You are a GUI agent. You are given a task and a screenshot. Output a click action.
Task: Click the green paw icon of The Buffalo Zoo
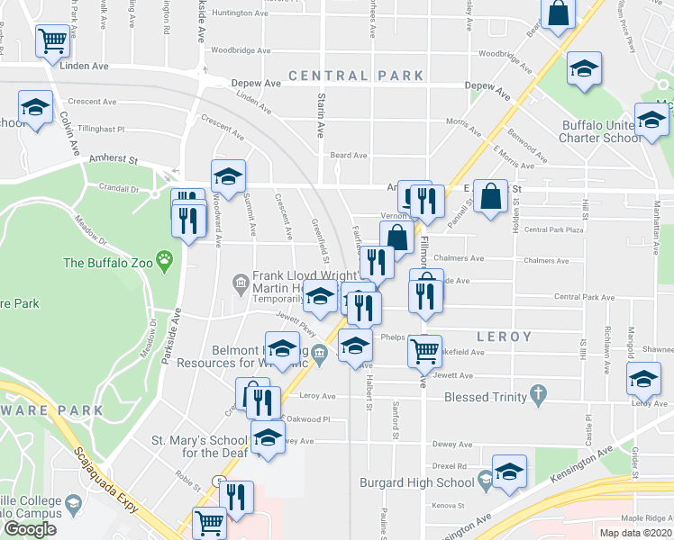click(x=164, y=263)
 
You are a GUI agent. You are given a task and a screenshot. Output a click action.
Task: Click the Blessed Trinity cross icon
click(x=539, y=395)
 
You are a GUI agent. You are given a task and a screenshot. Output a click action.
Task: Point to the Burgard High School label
click(x=417, y=483)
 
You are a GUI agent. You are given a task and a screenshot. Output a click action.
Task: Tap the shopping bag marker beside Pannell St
click(x=490, y=197)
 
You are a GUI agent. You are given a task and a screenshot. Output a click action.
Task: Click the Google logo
click(x=30, y=529)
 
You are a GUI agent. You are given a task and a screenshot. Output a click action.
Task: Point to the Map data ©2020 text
click(x=635, y=533)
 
